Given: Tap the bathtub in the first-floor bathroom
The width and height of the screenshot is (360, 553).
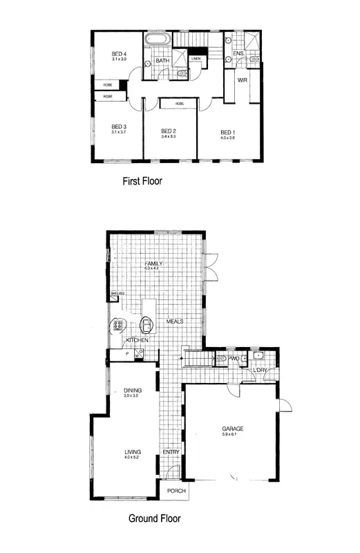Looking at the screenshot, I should (157, 41).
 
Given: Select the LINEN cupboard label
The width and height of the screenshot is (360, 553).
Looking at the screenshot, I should (196, 59).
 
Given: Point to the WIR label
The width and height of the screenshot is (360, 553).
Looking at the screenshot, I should (243, 81).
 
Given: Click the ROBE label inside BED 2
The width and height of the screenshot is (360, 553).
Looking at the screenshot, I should (180, 103).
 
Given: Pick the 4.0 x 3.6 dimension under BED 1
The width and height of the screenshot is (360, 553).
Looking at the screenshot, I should (227, 138).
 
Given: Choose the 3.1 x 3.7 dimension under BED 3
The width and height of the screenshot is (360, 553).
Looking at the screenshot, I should (119, 132).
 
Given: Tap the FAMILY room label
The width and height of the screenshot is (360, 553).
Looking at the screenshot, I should (152, 263).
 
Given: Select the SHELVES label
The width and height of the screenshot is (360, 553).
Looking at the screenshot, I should (117, 294).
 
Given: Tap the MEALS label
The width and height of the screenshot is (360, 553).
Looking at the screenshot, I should (173, 322).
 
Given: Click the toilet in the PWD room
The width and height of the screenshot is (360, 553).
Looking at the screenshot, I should (221, 359).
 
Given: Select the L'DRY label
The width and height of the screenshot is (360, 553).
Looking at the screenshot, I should (260, 371).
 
